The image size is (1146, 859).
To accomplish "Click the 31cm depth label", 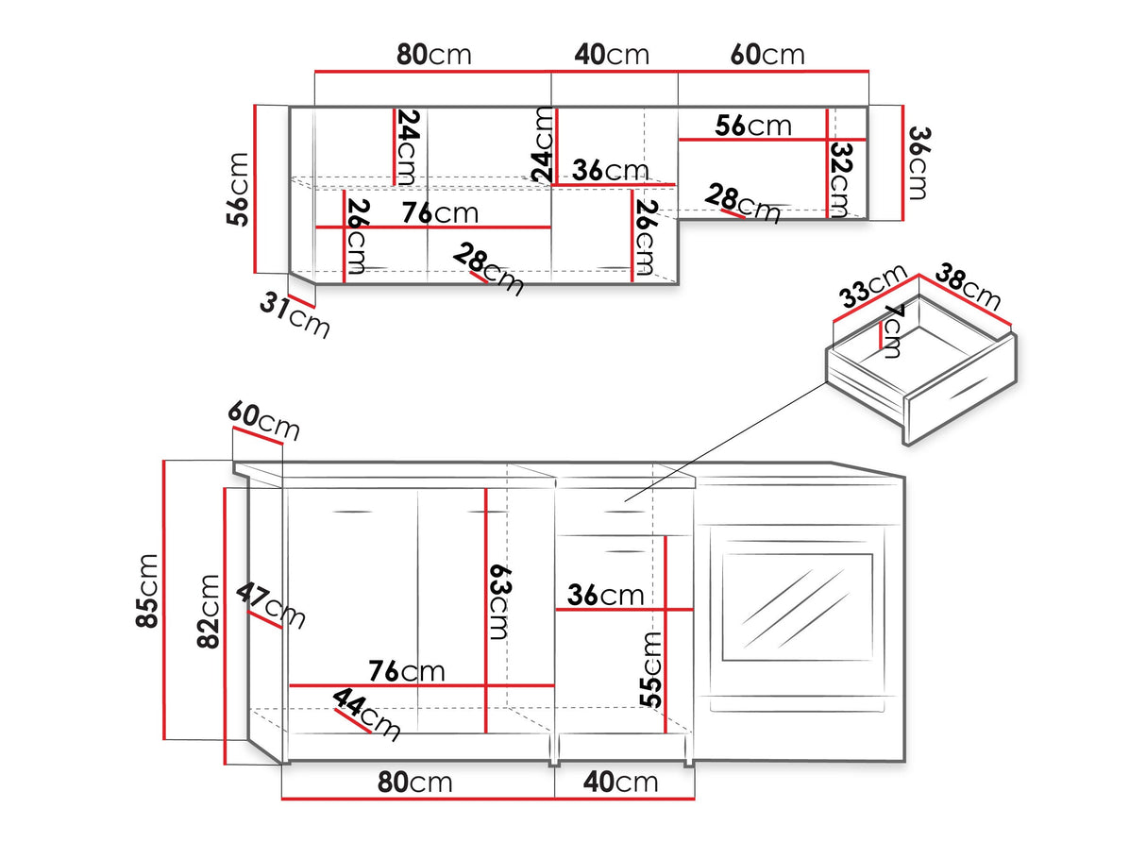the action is pos(295,314).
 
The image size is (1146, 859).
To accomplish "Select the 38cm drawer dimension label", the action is pos(968,287).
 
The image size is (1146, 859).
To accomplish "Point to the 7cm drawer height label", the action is pos(893,330).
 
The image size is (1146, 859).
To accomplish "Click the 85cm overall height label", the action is pos(146,591).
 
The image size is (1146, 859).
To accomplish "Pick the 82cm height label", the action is pos(208,612).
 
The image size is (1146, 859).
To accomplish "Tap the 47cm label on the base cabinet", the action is pos(270,606).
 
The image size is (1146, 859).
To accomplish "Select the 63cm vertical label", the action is pos(499,603).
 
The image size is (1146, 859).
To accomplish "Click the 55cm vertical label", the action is pos(651,669).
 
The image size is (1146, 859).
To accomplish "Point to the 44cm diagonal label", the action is pos(366,715).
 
